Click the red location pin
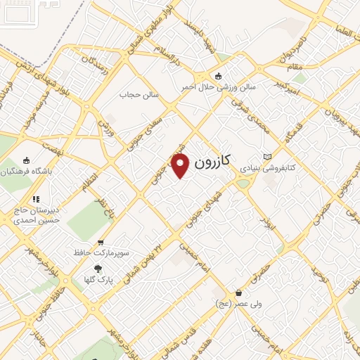coord(181,165)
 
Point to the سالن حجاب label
coord(139,94)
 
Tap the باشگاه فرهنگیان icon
coord(27,160)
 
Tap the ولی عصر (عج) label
coord(239,304)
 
